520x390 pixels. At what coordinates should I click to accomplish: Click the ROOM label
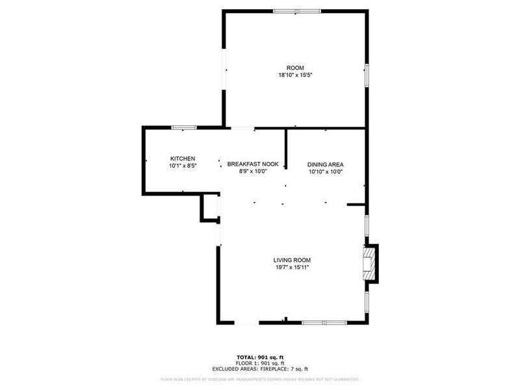pyautogui.click(x=295, y=68)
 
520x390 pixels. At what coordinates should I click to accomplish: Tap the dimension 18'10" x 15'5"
pyautogui.click(x=295, y=75)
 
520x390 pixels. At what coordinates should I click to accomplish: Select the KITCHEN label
pyautogui.click(x=183, y=159)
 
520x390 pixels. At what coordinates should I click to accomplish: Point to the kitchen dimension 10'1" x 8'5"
pyautogui.click(x=183, y=166)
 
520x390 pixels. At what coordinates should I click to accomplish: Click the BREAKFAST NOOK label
pyautogui.click(x=253, y=164)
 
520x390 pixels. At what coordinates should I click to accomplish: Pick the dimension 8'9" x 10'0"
pyautogui.click(x=253, y=171)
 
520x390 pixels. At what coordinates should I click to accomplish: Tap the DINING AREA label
pyautogui.click(x=325, y=164)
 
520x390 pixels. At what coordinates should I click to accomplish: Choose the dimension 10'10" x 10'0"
pyautogui.click(x=325, y=172)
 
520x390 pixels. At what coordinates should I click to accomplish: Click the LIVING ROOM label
pyautogui.click(x=296, y=259)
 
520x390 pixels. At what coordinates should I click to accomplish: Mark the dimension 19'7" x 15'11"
pyautogui.click(x=296, y=266)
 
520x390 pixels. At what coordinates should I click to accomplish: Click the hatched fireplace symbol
pyautogui.click(x=370, y=263)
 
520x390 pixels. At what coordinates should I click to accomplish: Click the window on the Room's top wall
pyautogui.click(x=296, y=11)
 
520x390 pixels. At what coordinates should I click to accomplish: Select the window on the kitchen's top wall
pyautogui.click(x=184, y=127)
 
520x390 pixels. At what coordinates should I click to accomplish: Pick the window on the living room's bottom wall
pyautogui.click(x=324, y=322)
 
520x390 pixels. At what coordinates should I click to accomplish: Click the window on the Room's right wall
pyautogui.click(x=367, y=74)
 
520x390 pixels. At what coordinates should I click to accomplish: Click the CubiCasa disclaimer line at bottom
pyautogui.click(x=260, y=379)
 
